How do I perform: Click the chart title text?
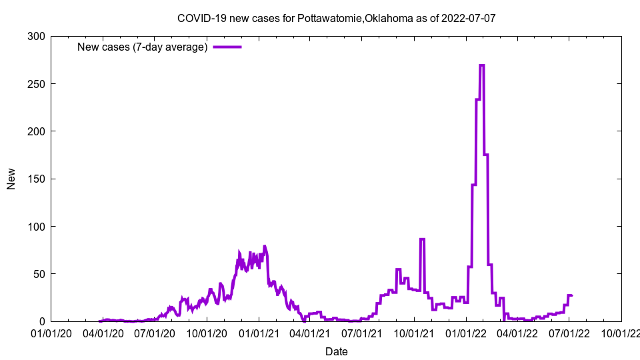point(336,18)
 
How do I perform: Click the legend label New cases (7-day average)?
point(142,47)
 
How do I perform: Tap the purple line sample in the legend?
point(227,47)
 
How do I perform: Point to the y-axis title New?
point(11,179)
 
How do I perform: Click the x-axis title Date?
point(336,351)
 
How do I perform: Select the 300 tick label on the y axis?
point(37,37)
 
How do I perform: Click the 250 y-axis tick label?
point(37,84)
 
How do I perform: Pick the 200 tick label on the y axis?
point(37,131)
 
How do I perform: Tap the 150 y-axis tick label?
point(37,179)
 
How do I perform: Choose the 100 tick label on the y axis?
point(37,227)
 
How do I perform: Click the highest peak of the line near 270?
point(481,65)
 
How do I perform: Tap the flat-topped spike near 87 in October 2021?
point(422,239)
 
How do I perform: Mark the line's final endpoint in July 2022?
point(571,295)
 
